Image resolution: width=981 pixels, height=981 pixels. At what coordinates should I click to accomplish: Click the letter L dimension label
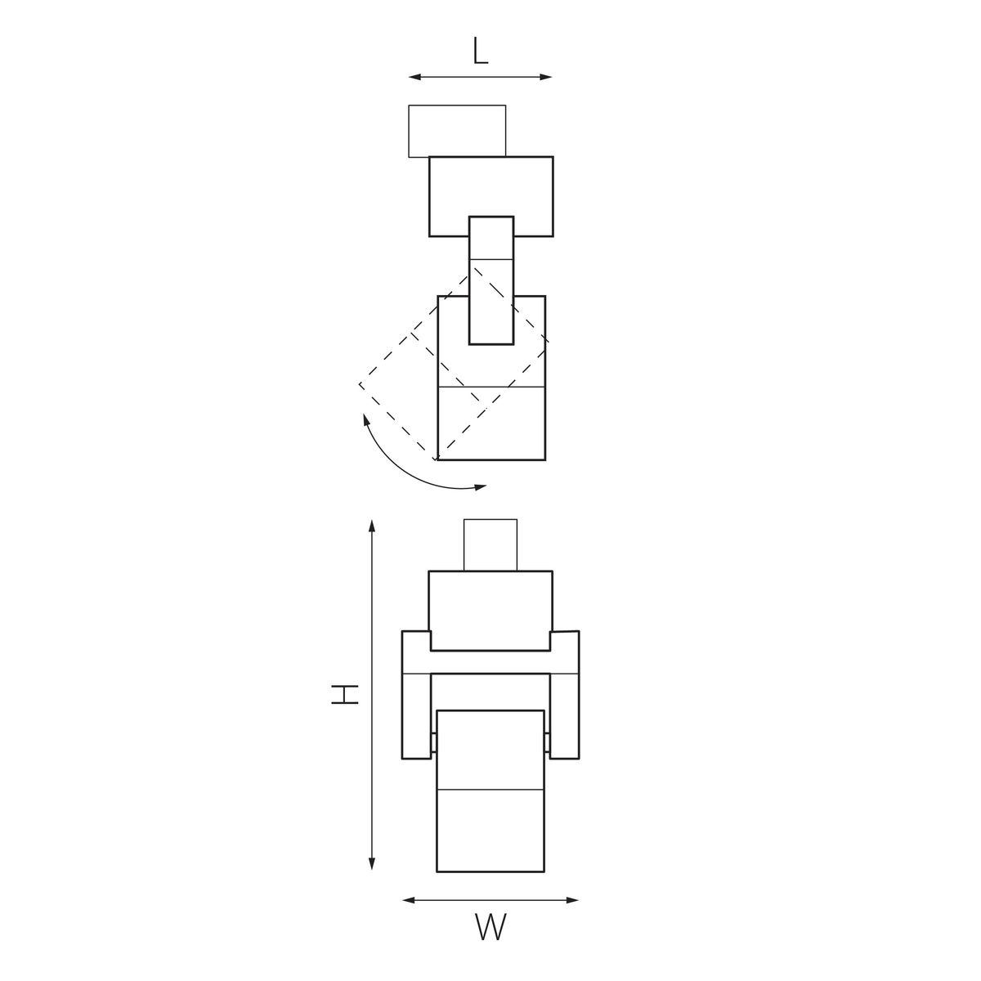480,52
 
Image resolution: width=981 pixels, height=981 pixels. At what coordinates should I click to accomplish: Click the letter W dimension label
490,928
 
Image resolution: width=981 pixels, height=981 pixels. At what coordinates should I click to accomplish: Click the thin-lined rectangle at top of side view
456,131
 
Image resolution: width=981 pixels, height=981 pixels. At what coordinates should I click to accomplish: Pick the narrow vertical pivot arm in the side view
490,280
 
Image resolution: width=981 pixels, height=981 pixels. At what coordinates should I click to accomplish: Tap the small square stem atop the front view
490,544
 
